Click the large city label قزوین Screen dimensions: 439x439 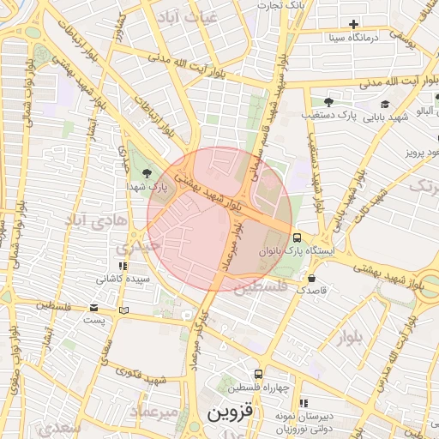point(232,414)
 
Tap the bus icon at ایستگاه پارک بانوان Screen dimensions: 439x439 point(297,238)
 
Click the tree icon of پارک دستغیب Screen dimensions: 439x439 point(328,101)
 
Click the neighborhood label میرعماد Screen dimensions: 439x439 point(155,412)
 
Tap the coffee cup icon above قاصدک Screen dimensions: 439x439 point(310,278)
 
